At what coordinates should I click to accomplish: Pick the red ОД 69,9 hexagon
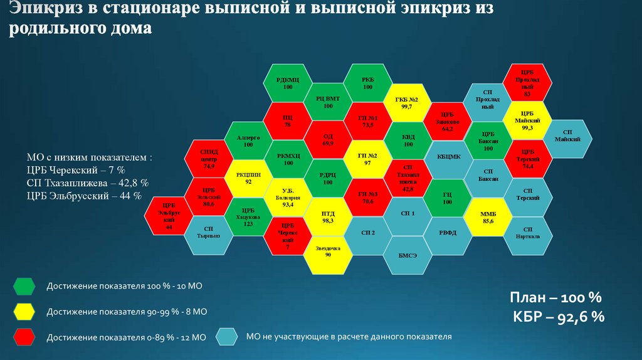point(328,140)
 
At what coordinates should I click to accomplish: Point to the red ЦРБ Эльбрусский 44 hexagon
point(169,216)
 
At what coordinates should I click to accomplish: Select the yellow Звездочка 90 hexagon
point(328,251)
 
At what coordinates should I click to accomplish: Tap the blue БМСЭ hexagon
point(408,254)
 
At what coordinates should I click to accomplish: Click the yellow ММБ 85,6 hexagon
point(488,217)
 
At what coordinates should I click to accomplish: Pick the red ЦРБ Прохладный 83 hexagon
point(528,84)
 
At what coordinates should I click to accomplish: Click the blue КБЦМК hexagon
point(448,156)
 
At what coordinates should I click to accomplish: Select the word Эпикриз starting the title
point(44,10)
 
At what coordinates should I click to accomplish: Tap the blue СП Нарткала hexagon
point(528,235)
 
